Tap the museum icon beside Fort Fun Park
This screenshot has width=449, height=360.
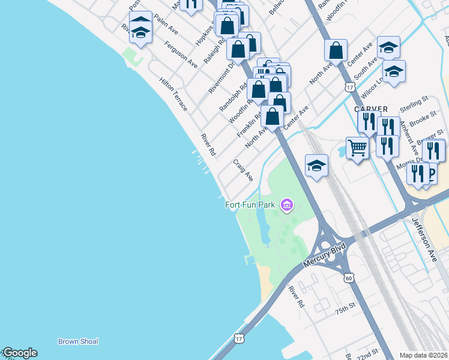point(287,206)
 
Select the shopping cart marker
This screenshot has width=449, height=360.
point(357,148)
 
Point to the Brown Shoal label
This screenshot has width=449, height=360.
point(78,341)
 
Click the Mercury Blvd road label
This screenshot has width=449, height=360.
point(325,256)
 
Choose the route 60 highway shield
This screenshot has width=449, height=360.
point(349,278)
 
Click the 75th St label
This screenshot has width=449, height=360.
point(346,310)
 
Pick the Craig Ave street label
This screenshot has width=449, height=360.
point(243,170)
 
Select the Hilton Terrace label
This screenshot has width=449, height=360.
point(173,94)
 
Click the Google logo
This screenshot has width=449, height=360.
point(20,353)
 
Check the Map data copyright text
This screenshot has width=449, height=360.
point(424,355)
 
